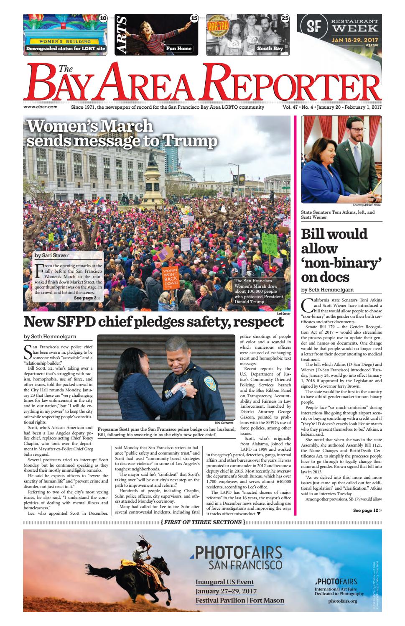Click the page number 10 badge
[103, 18]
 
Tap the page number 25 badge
[285, 18]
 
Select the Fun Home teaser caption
[178, 49]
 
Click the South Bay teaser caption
[270, 49]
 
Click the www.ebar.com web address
[41, 107]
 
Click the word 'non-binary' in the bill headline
[334, 263]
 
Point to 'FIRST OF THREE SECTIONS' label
[203, 522]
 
